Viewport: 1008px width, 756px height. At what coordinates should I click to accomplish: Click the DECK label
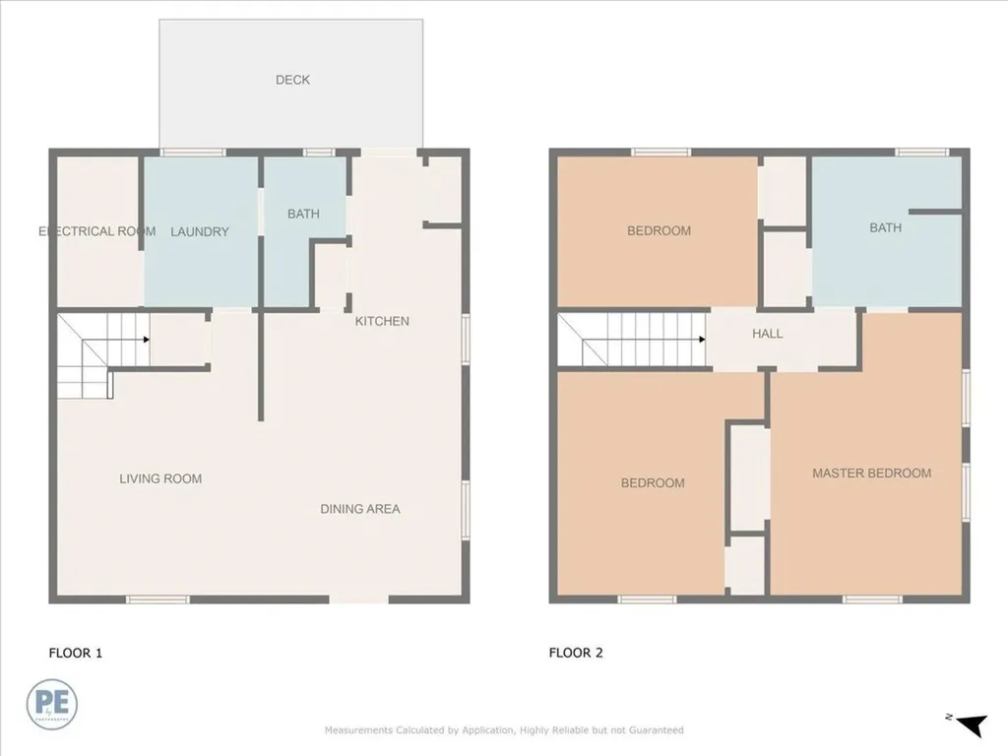tap(292, 80)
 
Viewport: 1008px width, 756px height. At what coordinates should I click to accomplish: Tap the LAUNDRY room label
tap(199, 231)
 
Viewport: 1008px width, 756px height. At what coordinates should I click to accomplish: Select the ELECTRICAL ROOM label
tap(97, 230)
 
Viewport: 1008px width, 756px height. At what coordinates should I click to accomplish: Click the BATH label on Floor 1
tap(303, 214)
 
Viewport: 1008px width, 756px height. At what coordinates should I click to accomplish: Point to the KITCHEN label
tap(382, 321)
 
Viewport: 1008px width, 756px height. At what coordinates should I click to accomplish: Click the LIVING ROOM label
tap(160, 478)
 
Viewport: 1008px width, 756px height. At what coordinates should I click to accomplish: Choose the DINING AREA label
tap(360, 509)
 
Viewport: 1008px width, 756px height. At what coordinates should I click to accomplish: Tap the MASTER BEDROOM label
tap(872, 473)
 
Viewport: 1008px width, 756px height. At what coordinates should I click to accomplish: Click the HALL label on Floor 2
tap(768, 333)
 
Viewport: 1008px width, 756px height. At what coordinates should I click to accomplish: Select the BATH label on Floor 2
tap(885, 227)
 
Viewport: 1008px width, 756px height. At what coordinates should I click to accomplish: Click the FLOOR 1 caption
tap(75, 653)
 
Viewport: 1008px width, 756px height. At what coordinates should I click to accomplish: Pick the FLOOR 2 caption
tap(576, 653)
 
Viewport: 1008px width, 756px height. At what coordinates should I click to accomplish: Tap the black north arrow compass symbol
tap(974, 724)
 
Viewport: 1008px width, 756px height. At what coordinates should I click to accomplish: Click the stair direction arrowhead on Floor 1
tap(147, 340)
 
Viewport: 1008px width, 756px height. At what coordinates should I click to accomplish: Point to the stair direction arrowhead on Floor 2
tap(702, 340)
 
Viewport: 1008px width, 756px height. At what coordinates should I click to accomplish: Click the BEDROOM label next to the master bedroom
tap(653, 482)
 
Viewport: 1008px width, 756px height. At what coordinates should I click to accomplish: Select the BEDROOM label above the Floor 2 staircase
tap(659, 230)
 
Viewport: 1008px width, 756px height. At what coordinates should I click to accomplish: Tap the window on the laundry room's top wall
tap(193, 153)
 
